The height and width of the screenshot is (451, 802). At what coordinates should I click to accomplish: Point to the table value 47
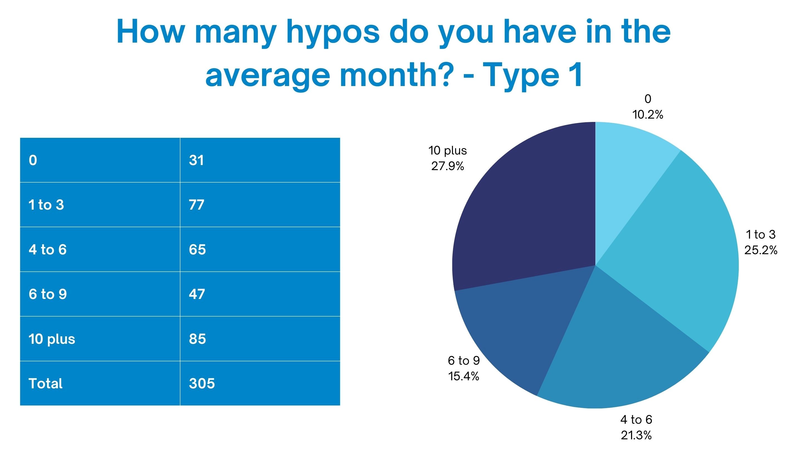point(197,294)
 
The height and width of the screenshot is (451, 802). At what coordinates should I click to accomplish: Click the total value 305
point(202,383)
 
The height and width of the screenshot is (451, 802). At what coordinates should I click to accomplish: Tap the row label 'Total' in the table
point(45,383)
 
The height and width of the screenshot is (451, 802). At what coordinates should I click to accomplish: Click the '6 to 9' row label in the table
point(48,294)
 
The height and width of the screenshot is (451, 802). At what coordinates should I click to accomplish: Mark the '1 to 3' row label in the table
point(46,205)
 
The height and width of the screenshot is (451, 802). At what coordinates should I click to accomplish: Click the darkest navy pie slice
point(529,212)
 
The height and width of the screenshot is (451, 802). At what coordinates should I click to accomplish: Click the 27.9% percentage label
point(448,166)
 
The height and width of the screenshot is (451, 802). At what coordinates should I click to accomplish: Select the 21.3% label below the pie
point(636,435)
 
